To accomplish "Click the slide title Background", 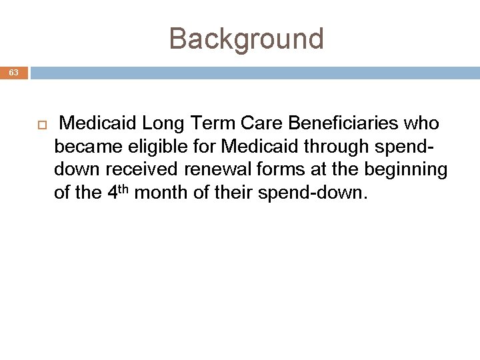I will point(246,39).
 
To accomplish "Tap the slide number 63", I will point(14,73).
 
